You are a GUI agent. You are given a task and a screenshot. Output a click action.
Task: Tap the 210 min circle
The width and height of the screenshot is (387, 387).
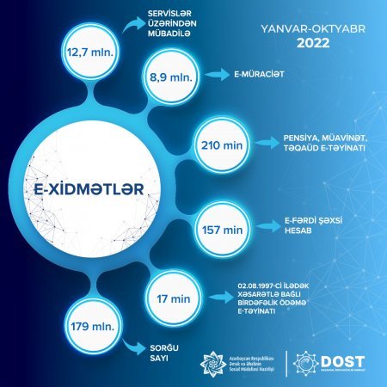click(220, 141)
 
